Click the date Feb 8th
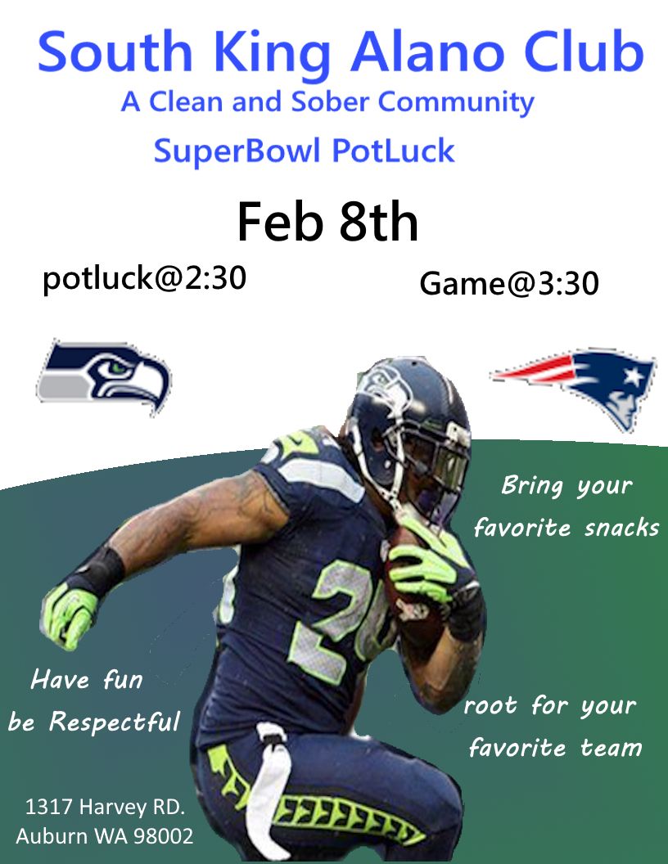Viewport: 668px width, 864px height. [327, 223]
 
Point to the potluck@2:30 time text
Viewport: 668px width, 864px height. [144, 279]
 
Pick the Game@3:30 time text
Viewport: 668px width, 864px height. [509, 284]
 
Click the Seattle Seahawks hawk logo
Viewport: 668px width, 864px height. [103, 377]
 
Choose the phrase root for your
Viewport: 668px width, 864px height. [549, 705]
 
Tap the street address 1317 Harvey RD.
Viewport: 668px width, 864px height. [105, 807]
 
